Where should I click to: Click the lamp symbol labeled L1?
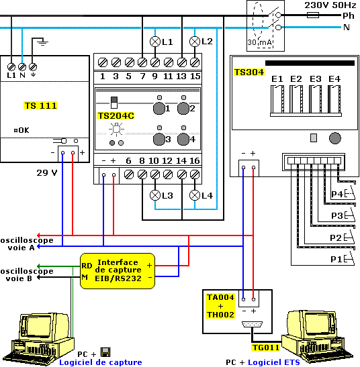tap(155, 42)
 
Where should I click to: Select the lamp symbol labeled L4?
tap(195, 195)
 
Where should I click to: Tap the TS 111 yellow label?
tap(40, 105)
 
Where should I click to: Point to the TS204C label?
tap(116, 115)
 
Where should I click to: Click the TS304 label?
tap(249, 72)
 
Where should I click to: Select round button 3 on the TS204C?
tap(159, 139)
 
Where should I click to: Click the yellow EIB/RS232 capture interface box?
tap(118, 271)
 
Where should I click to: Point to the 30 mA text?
tap(259, 42)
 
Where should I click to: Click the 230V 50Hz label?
tap(330, 5)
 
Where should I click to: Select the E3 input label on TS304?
tap(315, 79)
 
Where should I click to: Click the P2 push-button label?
tap(336, 238)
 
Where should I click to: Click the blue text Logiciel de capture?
tap(101, 362)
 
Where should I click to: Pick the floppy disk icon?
tap(105, 352)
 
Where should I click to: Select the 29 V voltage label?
tap(47, 172)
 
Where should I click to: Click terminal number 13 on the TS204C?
tap(181, 76)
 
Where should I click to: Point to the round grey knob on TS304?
tap(335, 138)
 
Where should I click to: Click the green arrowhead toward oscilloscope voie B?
tap(39, 266)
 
